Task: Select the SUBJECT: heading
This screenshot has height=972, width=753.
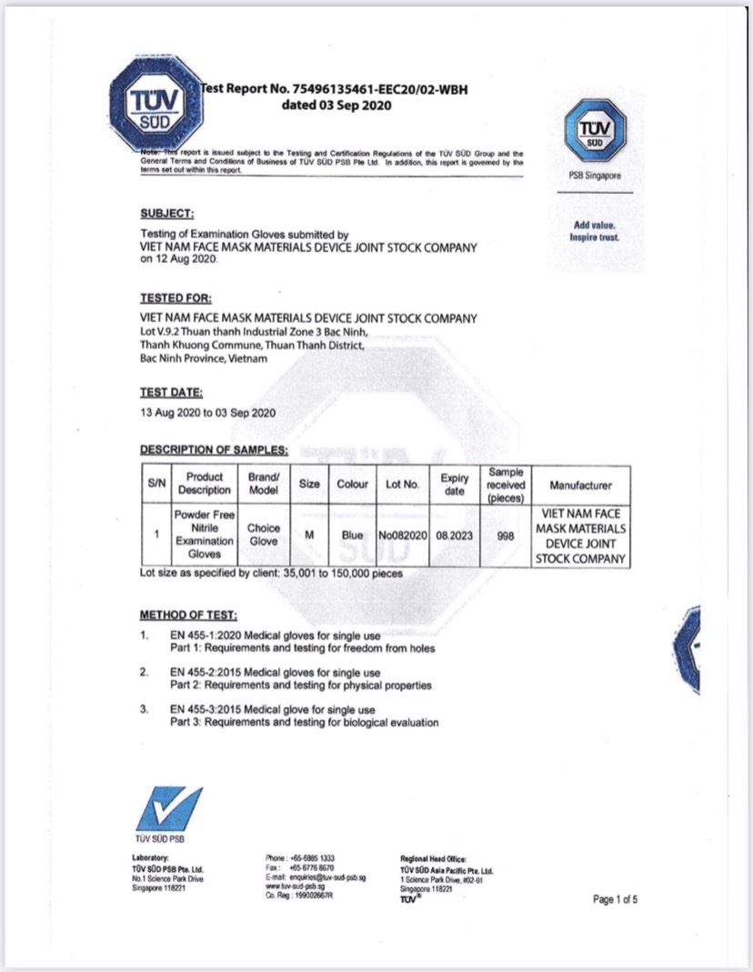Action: tap(166, 214)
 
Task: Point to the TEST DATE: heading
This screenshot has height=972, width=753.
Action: tap(171, 393)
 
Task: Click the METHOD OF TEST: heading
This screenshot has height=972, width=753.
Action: tap(187, 615)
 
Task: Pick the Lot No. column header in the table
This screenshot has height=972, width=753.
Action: tap(401, 485)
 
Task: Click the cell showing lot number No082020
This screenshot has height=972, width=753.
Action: tap(402, 536)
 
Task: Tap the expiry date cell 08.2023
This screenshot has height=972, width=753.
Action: tap(455, 536)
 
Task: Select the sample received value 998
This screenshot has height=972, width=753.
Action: tap(507, 536)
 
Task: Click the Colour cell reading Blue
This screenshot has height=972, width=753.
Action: tap(352, 536)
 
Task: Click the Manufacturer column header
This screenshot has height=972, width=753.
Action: tap(580, 486)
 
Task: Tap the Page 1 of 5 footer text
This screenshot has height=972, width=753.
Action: tap(616, 900)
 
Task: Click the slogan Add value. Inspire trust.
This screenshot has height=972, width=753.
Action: tap(595, 231)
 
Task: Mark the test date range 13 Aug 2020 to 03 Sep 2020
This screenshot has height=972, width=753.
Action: tap(207, 413)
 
